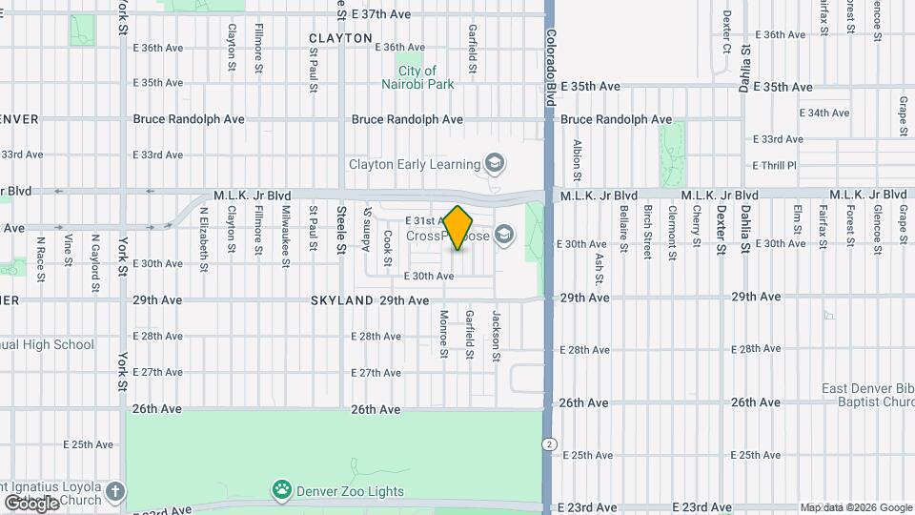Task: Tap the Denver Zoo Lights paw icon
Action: tap(282, 491)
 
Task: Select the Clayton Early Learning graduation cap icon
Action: tap(494, 164)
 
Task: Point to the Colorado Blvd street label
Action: tap(551, 66)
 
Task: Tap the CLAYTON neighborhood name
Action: tap(340, 38)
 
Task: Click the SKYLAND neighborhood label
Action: tap(341, 300)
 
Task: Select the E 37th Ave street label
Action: tap(380, 14)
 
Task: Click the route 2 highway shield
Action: tap(550, 444)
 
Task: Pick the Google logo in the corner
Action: tap(30, 503)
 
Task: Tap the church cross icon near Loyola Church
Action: tap(114, 492)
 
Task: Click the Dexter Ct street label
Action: tap(726, 31)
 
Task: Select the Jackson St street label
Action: tap(496, 336)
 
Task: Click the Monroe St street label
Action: tap(444, 334)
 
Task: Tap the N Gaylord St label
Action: tap(95, 251)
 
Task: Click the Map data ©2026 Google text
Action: tap(855, 507)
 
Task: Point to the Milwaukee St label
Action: tap(285, 232)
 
